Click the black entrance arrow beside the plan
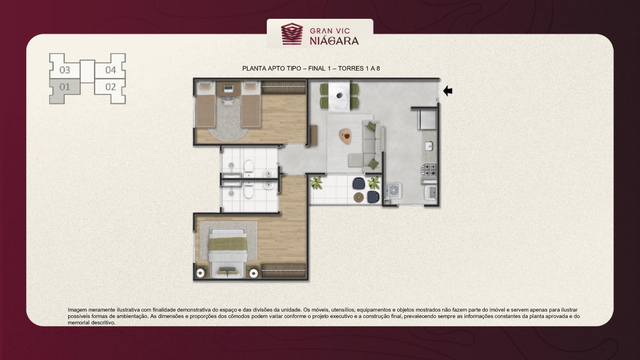tap(448, 91)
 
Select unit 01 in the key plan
tap(64, 87)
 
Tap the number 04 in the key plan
tap(110, 70)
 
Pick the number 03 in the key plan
tap(64, 70)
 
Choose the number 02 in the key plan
tap(110, 87)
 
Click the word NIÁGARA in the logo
tap(334, 41)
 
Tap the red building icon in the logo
tap(292, 34)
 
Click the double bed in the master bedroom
tap(228, 253)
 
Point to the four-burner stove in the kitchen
tap(429, 170)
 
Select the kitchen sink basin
tap(429, 146)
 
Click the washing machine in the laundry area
tap(394, 190)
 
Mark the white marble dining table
tap(339, 96)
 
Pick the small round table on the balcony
tap(358, 197)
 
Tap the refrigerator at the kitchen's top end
tap(428, 120)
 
